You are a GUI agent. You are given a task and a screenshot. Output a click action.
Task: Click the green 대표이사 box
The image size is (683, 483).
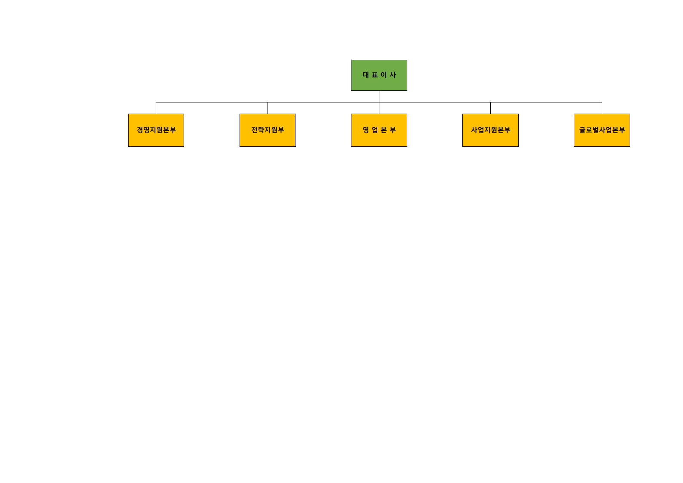379,75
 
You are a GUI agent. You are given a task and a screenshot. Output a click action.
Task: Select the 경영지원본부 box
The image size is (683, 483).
156,130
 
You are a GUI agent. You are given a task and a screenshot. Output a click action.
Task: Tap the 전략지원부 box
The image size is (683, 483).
268,130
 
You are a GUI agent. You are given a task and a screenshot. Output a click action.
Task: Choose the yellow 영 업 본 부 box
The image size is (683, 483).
379,130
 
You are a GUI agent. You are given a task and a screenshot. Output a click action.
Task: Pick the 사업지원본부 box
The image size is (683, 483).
490,130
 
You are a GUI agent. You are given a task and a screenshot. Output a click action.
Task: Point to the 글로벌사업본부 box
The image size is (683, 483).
602,130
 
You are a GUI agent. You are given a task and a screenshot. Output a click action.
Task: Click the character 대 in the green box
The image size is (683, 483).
366,75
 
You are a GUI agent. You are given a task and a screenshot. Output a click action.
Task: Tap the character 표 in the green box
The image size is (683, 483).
375,75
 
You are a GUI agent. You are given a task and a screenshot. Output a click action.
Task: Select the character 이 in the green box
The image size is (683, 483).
384,75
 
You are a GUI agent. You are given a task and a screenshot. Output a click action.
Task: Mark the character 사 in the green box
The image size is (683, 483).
393,75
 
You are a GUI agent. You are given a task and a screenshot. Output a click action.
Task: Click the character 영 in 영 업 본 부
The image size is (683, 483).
366,130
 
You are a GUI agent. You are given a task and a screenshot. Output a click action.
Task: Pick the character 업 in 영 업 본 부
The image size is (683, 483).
375,130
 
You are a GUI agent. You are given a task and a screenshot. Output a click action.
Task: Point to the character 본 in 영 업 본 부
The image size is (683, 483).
384,130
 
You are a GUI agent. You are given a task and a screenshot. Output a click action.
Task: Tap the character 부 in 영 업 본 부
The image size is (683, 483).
393,130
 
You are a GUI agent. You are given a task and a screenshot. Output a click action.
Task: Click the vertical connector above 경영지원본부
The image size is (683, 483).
156,108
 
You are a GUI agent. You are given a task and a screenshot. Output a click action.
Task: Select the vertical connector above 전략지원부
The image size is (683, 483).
268,108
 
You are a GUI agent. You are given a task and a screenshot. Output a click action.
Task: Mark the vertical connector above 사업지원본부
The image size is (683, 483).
491,108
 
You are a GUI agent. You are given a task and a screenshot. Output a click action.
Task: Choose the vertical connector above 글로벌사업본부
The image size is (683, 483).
602,108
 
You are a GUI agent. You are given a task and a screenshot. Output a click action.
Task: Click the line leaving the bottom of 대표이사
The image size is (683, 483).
379,102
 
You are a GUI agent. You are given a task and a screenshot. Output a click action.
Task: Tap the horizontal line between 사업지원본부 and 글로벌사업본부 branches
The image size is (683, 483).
546,102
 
